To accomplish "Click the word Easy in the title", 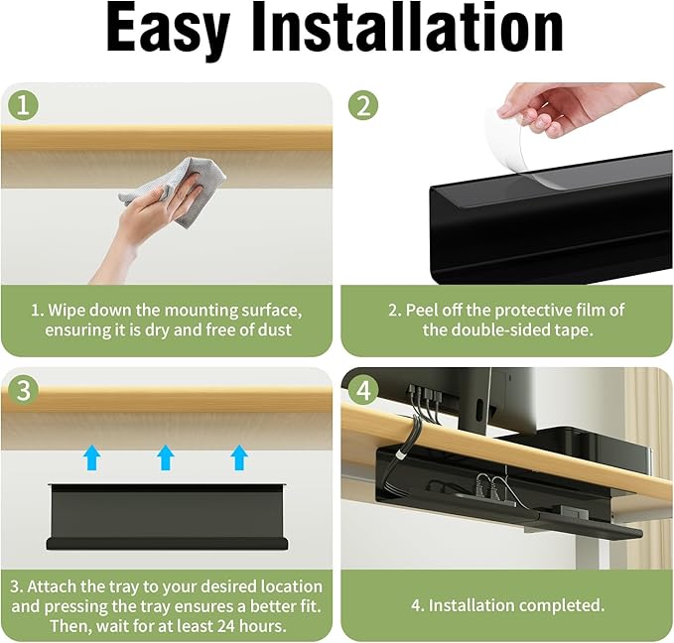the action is tap(168, 29).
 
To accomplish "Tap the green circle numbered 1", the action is tap(24, 106).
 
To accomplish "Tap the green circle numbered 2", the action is tap(363, 106).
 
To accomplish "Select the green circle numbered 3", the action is tap(24, 390).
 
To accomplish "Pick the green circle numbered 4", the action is tap(363, 390).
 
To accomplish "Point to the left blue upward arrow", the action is tap(91, 457).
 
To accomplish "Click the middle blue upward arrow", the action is tap(166, 457).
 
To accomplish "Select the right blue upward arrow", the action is tap(239, 457).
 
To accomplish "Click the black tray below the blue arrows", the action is tap(167, 517).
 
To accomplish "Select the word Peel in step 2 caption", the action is tap(423, 310).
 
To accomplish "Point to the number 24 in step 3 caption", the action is tap(227, 625).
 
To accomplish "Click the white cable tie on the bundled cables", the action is tap(401, 455).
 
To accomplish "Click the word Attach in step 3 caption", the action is tap(52, 586).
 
